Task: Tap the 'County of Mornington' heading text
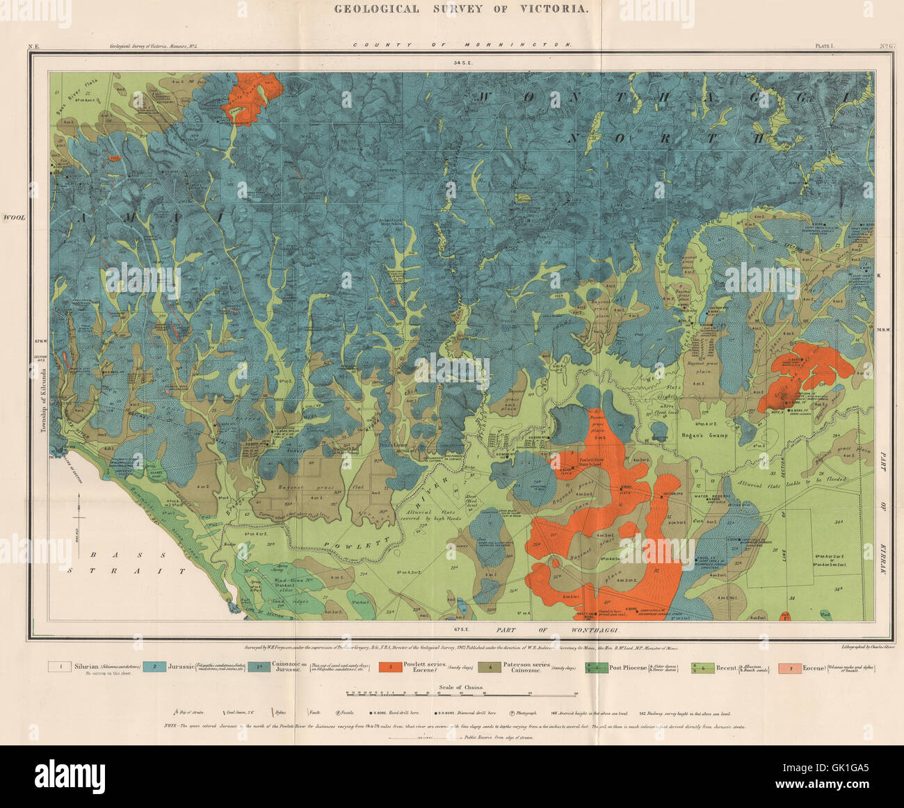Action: tap(462, 44)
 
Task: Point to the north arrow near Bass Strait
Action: tap(80, 515)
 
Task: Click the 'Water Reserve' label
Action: tap(708, 496)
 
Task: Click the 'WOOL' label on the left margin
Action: tap(14, 218)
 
